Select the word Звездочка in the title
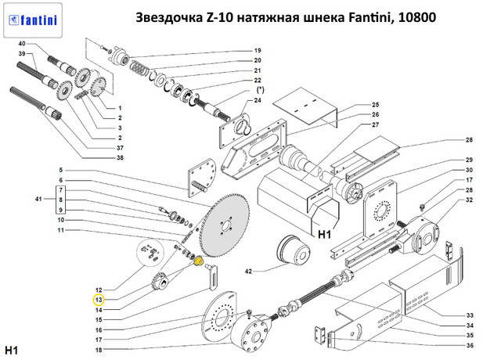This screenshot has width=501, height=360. [x=168, y=16]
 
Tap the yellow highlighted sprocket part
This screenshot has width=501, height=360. [x=198, y=261]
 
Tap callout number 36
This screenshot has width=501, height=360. [x=470, y=346]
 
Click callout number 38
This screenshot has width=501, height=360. [x=120, y=157]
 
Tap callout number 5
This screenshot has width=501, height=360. [x=59, y=171]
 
